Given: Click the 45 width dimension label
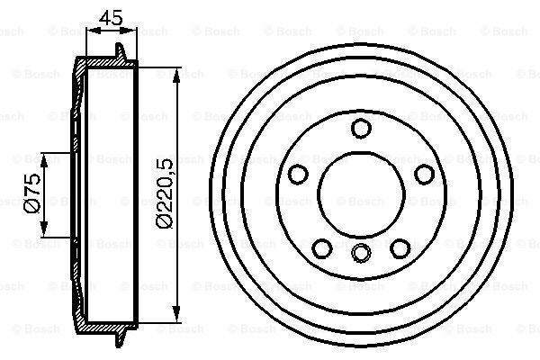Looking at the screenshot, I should point(111,14).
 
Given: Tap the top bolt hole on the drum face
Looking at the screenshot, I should point(360,129).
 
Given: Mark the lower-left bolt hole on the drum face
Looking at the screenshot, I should point(321,246).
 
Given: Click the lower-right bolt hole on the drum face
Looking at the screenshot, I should point(398,246).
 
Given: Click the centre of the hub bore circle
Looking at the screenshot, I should point(360,193).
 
